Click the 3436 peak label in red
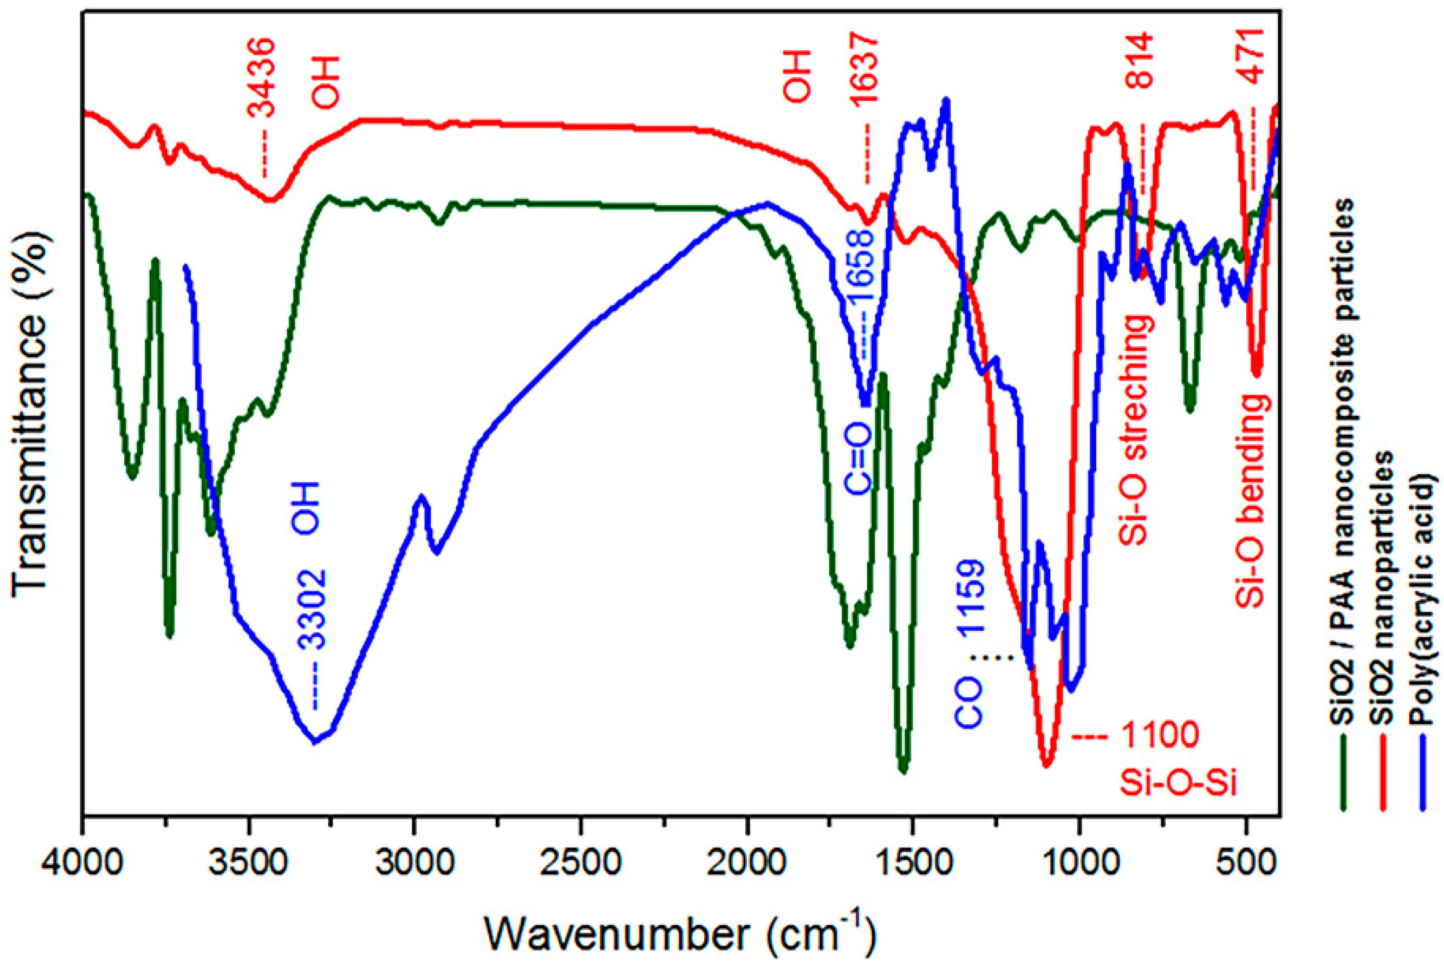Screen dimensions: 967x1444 point(260,79)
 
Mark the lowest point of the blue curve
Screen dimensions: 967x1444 point(315,742)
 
